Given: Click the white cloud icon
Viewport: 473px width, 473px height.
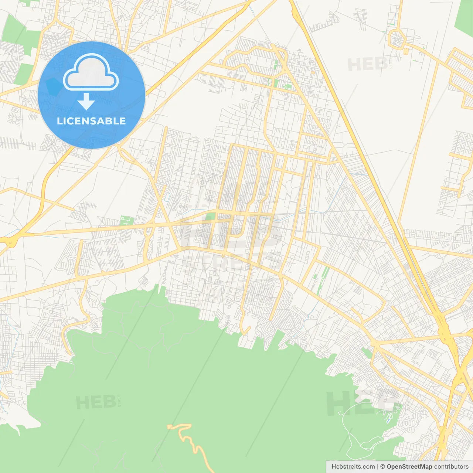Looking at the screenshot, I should point(91,73).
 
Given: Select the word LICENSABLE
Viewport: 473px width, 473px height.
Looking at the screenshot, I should point(91,121).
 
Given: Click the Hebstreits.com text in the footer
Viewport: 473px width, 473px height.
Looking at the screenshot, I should point(353,467).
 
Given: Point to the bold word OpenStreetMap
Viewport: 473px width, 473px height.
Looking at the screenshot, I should point(409,467).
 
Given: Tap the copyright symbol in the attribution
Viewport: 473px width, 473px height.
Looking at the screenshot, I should point(382,467).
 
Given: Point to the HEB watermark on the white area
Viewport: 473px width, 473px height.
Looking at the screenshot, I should point(368,65).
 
